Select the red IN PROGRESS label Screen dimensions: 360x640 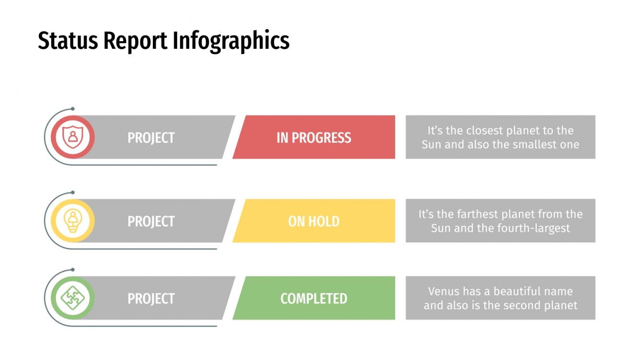pos(314,138)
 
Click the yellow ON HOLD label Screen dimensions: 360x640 pos(314,221)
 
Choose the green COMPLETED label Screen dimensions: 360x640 pos(314,298)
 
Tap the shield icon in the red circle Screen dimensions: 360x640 pos(72,137)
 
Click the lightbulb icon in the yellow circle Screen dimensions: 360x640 pos(72,221)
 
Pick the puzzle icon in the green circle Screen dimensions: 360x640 pos(72,298)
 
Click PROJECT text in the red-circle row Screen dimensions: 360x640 pos(151,138)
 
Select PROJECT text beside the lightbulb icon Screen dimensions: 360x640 pos(151,221)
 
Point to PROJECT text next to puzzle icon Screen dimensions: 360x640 pos(151,298)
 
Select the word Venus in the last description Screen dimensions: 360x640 pos(443,291)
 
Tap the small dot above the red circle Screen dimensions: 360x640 pos(72,109)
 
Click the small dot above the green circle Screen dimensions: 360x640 pos(72,270)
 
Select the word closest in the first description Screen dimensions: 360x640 pos(486,131)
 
